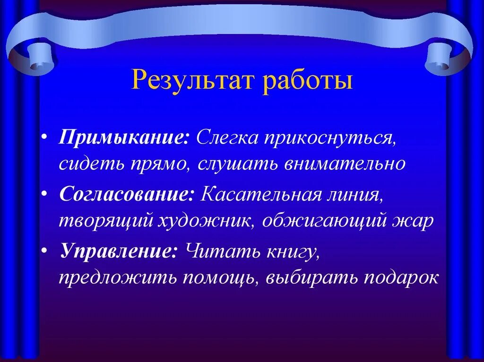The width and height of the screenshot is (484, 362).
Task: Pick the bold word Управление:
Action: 119,251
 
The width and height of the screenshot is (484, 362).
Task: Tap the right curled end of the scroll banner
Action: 444,57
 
